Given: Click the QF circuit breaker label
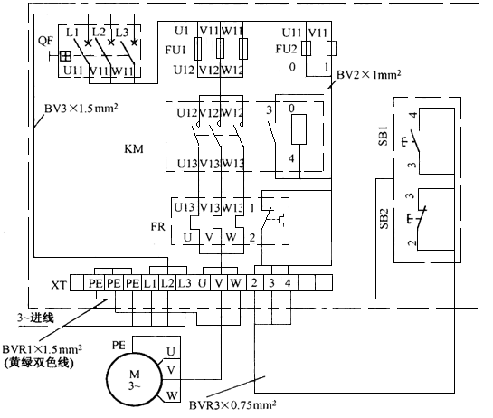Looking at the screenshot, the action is point(45,42).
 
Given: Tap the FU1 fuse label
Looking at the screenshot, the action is point(175,50).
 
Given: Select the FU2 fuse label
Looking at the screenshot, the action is point(286,49).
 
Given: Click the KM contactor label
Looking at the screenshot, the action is point(134,148).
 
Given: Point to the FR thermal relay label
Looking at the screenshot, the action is point(157,226).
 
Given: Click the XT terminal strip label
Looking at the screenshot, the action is point(59,285).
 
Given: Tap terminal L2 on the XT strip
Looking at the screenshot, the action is point(167,283).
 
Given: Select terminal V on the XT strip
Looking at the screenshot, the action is point(219,283).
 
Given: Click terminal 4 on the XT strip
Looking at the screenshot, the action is point(288,283).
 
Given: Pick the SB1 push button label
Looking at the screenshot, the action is point(384,136).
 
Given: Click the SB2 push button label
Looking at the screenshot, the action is point(384,219).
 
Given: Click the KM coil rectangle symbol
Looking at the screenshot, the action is point(299,129).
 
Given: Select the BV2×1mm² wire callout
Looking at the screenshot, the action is point(369,75).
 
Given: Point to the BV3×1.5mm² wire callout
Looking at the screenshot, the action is point(81,109).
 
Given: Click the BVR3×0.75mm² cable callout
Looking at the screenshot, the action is point(232,404).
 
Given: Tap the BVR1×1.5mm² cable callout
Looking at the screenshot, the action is point(43,349).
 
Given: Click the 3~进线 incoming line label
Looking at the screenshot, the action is point(35,318).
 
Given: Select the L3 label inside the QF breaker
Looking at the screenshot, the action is point(122,32).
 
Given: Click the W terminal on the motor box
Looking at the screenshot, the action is point(172,395).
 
